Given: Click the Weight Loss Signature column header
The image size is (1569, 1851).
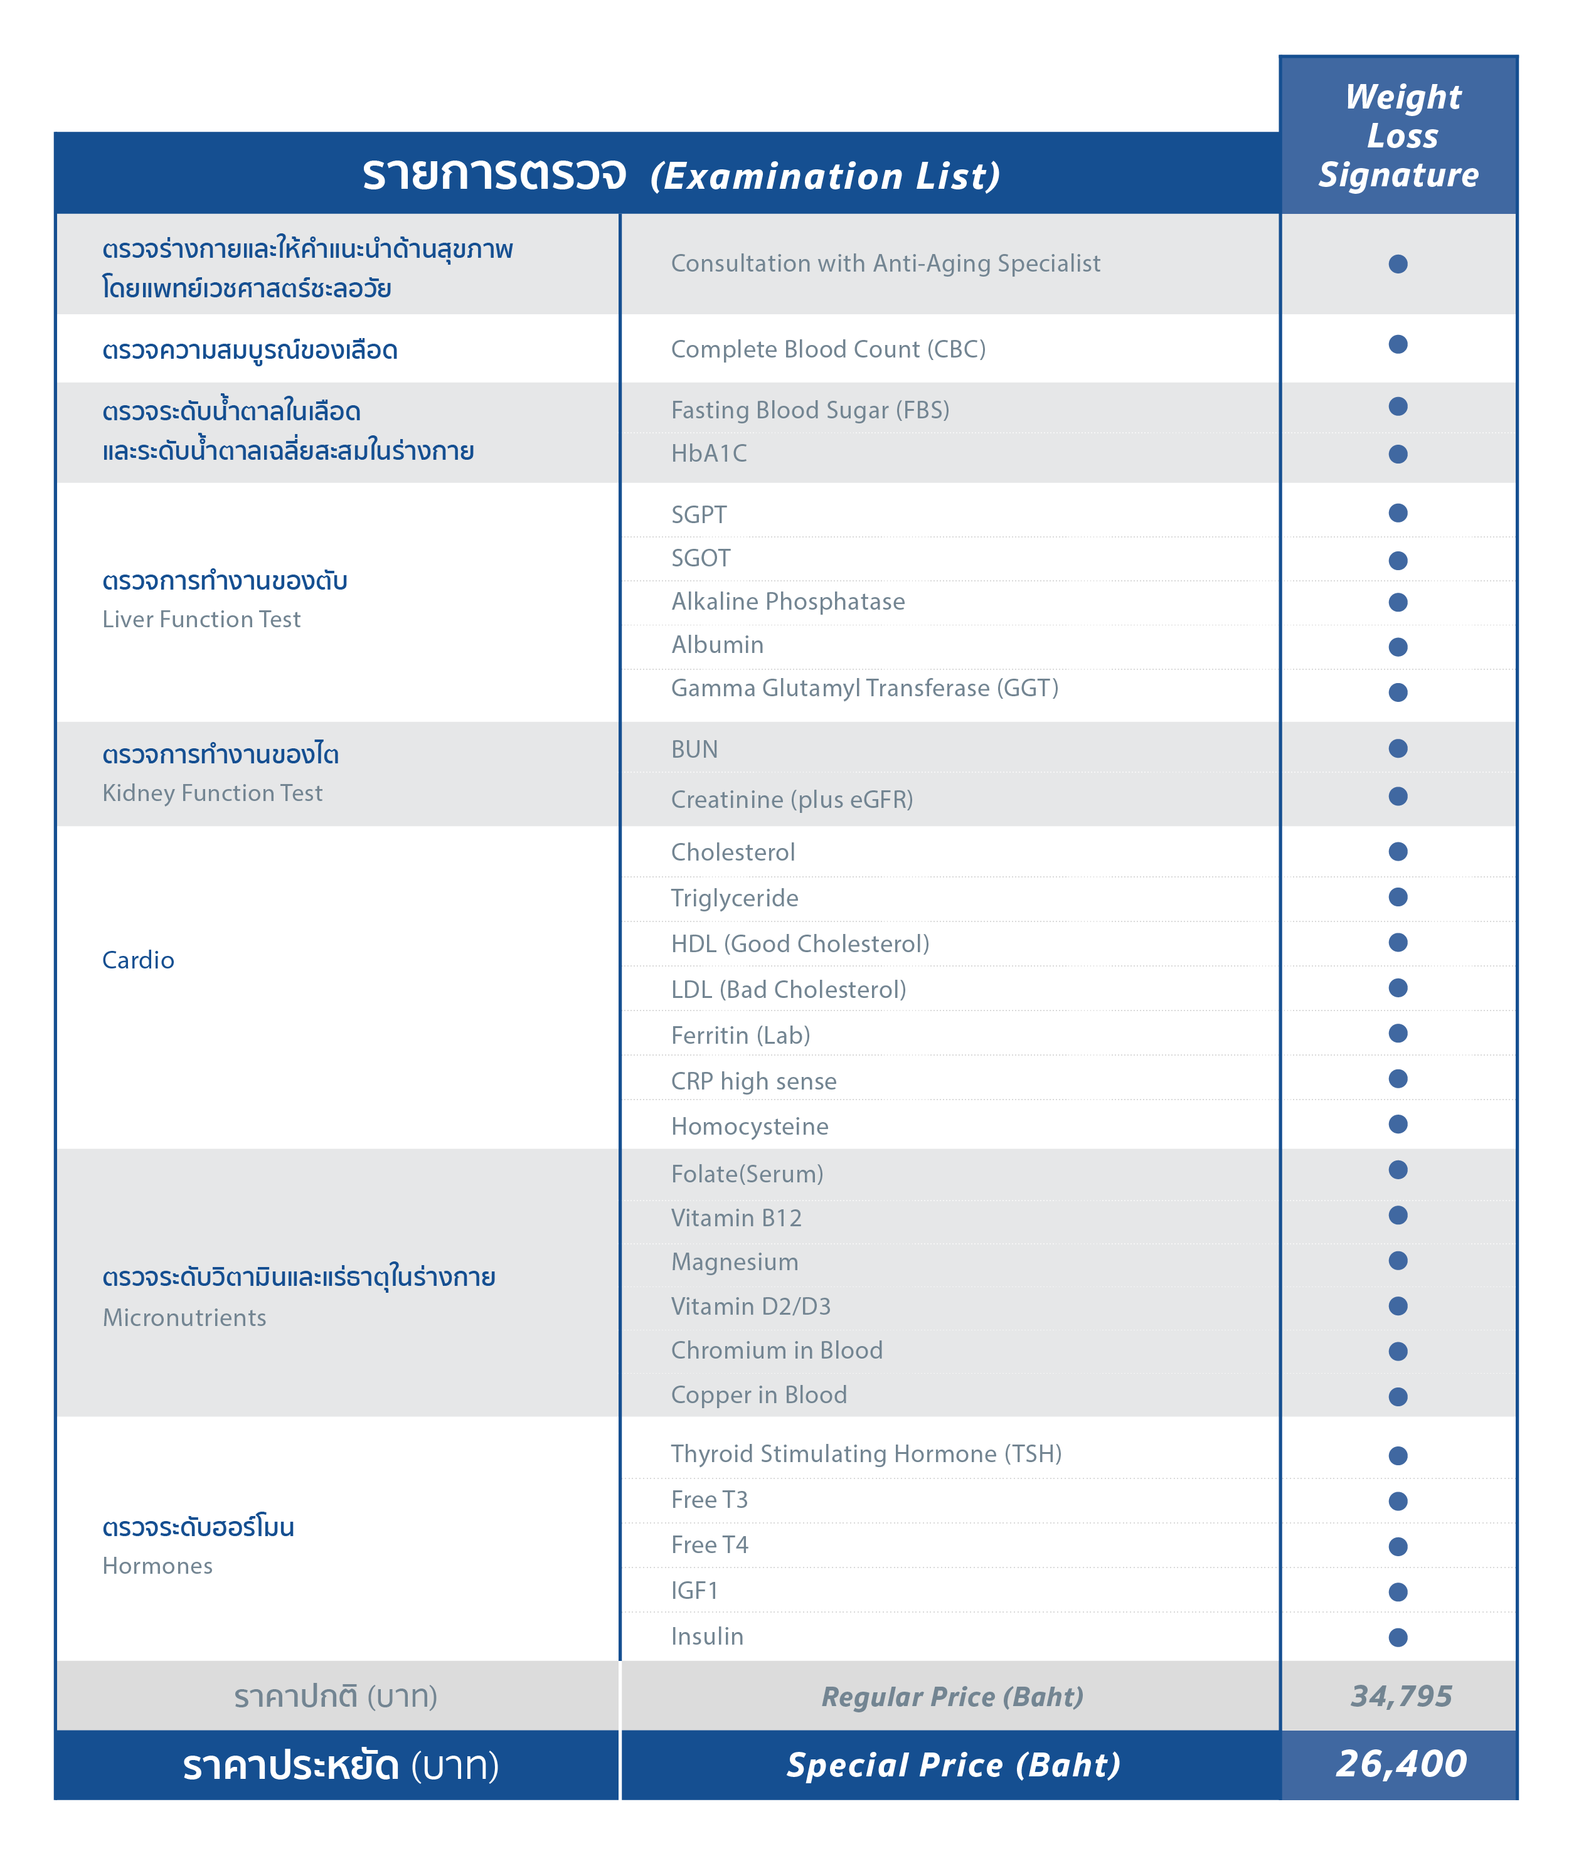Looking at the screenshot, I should click(x=1398, y=135).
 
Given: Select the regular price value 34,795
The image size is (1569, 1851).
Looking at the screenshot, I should click(x=1401, y=1695).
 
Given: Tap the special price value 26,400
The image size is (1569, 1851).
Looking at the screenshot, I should click(x=1401, y=1763).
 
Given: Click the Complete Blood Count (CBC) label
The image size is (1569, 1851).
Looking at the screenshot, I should click(x=827, y=349).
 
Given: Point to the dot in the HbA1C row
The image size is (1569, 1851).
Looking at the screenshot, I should click(x=1397, y=453).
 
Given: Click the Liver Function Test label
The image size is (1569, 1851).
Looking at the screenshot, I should click(x=201, y=619).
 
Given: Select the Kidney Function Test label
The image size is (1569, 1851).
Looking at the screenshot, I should click(x=211, y=792).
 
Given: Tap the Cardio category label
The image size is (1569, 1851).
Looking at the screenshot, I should click(x=138, y=960).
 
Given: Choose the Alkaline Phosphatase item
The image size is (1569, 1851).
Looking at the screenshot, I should click(x=787, y=602).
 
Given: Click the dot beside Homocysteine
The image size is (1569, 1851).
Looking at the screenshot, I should click(x=1397, y=1124).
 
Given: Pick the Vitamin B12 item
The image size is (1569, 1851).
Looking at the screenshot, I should click(x=736, y=1217).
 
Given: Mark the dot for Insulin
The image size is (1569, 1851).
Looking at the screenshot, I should click(x=1397, y=1636).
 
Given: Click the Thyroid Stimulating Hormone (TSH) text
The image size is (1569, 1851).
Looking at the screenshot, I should click(x=866, y=1453).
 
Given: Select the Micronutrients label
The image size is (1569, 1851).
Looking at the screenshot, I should click(x=184, y=1317).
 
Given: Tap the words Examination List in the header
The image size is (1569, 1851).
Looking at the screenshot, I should click(x=824, y=176).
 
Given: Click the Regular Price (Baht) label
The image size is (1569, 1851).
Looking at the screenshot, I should click(x=952, y=1696).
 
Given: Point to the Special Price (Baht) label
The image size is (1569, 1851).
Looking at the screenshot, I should click(x=952, y=1764).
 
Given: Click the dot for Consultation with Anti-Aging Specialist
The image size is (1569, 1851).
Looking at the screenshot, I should click(x=1397, y=264).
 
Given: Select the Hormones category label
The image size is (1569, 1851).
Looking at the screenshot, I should click(x=157, y=1566).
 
